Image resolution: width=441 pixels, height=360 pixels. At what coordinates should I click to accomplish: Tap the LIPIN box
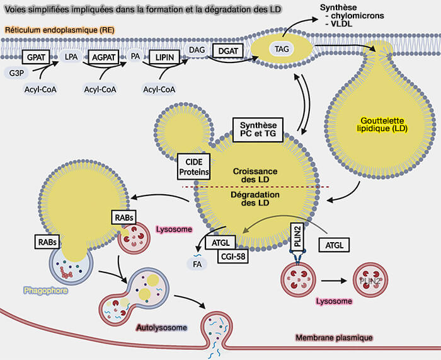(x=165, y=57)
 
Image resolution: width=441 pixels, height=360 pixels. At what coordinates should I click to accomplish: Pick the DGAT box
(x=227, y=50)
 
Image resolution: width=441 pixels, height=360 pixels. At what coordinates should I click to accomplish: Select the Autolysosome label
(x=162, y=328)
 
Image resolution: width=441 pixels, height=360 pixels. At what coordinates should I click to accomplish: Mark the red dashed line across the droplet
(x=252, y=187)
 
